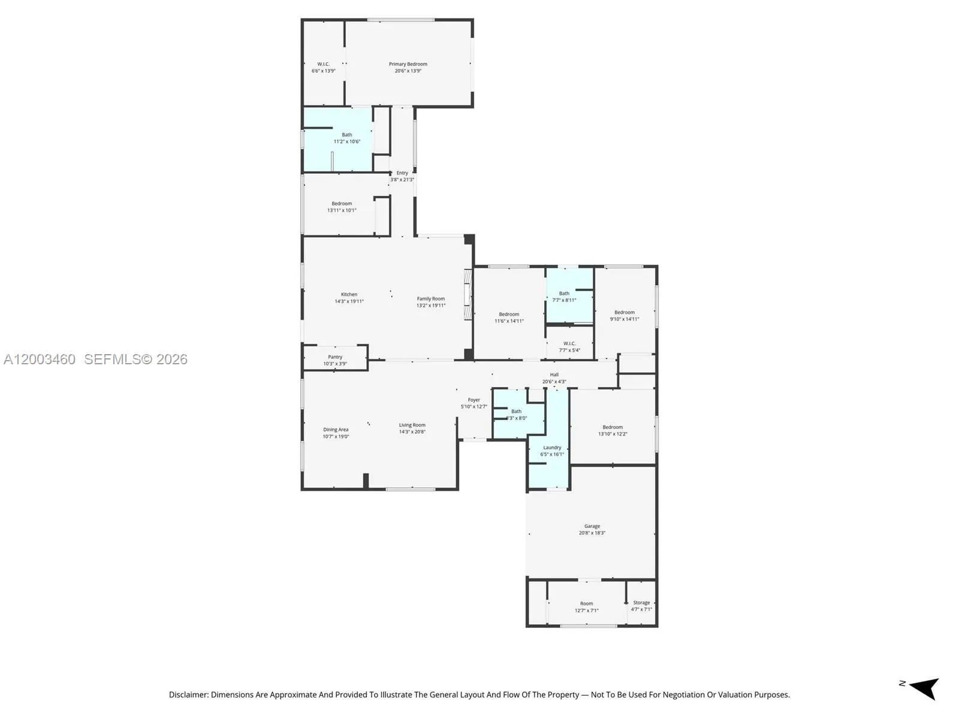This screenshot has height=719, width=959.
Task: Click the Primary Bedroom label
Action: click(x=408, y=64)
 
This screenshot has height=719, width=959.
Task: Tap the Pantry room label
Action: click(x=335, y=357)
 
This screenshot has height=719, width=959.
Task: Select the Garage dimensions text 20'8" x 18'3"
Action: click(x=592, y=533)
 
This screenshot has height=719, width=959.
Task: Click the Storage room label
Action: click(x=641, y=603)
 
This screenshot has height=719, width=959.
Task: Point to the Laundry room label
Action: click(x=552, y=448)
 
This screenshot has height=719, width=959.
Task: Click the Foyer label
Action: click(x=474, y=400)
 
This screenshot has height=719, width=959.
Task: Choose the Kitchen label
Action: click(x=349, y=294)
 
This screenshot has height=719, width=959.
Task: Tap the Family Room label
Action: click(x=430, y=298)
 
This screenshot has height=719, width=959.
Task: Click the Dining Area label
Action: click(x=336, y=430)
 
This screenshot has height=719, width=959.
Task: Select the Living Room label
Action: click(x=412, y=425)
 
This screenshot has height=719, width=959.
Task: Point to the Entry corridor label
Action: click(x=402, y=173)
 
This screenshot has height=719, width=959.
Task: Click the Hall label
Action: click(x=554, y=374)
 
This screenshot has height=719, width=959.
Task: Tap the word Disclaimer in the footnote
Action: click(x=188, y=695)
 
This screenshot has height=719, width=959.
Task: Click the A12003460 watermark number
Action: click(x=40, y=359)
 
